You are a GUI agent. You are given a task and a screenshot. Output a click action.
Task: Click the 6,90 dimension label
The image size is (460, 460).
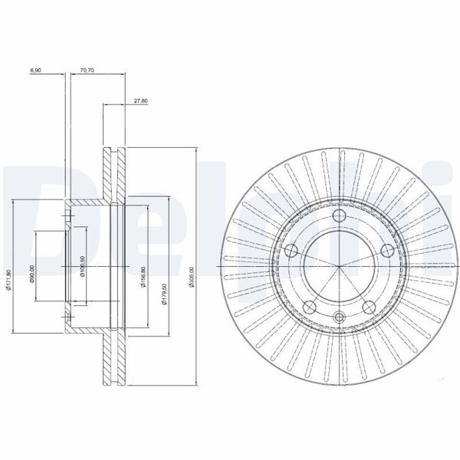35,71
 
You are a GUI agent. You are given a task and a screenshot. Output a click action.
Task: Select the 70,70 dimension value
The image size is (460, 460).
87,71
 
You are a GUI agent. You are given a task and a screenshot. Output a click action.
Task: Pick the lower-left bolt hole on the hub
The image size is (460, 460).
310,307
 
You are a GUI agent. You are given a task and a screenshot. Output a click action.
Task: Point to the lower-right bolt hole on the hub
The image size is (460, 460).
368,307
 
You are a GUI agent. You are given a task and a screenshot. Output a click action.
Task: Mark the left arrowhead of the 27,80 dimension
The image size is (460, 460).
106,104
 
